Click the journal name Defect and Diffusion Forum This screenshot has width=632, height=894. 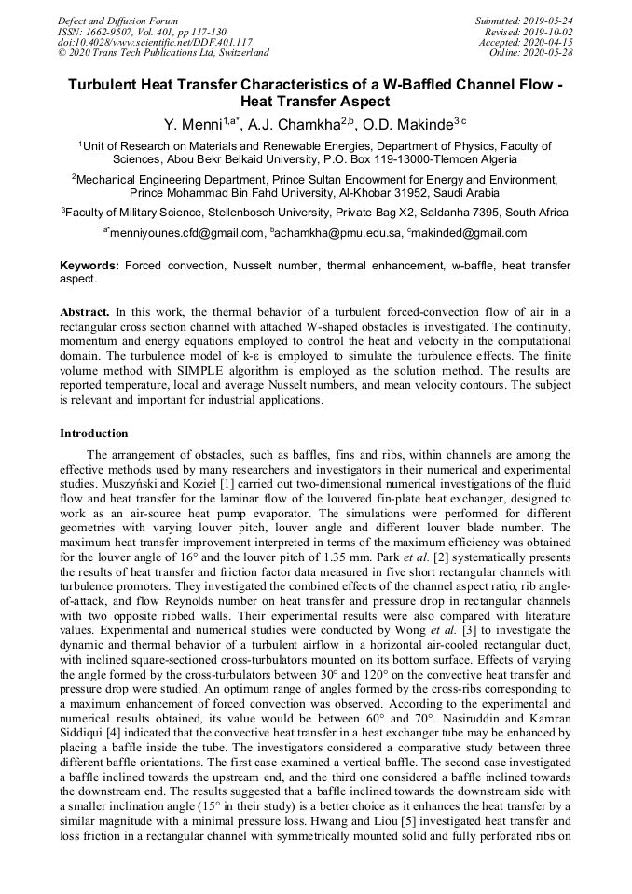click(117, 21)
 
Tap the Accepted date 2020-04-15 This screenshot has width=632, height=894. click(547, 42)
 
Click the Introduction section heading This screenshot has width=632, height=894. click(94, 433)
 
